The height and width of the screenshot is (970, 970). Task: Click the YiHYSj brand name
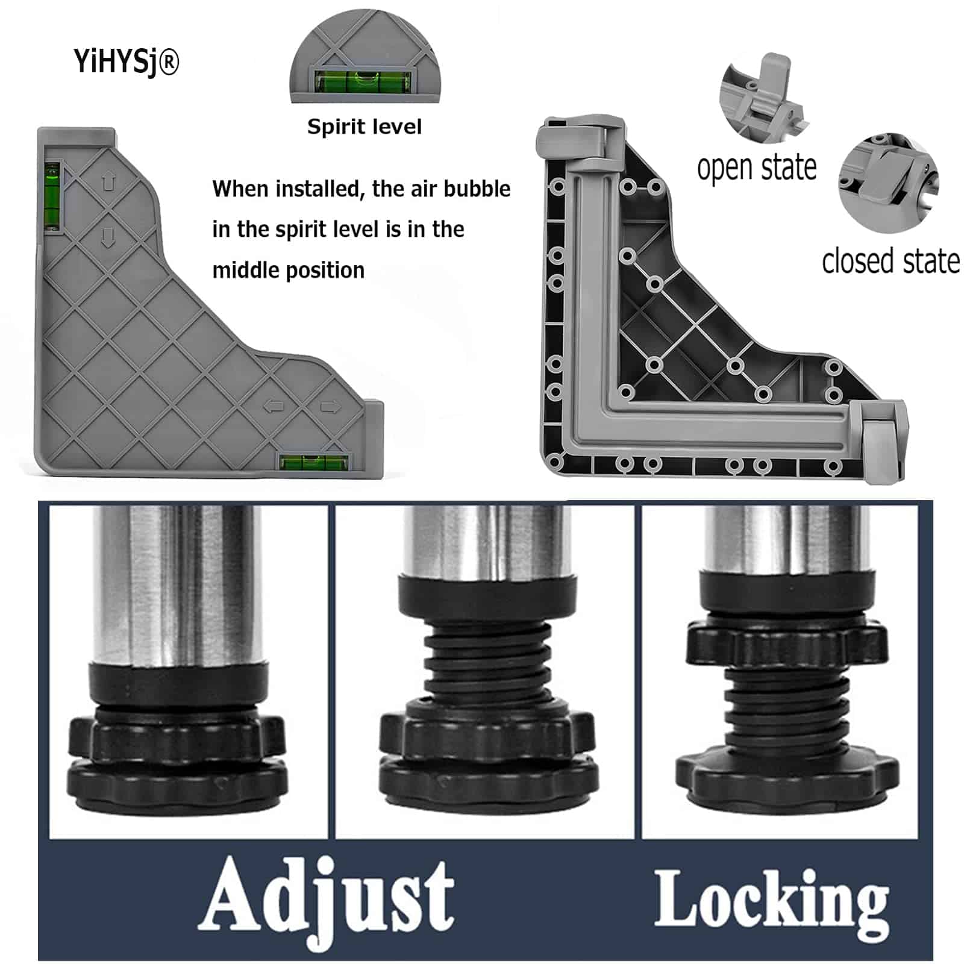(x=127, y=62)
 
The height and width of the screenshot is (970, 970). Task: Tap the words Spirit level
(x=365, y=127)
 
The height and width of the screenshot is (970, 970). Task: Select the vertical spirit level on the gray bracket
(x=53, y=196)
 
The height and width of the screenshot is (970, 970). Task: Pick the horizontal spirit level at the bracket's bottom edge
(x=315, y=463)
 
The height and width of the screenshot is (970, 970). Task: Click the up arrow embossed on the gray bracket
(x=108, y=181)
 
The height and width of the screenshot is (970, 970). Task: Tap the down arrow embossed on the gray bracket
(x=108, y=237)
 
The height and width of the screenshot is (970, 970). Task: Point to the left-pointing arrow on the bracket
(x=274, y=407)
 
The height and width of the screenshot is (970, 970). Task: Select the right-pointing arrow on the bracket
(x=330, y=407)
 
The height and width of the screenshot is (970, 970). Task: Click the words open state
(x=757, y=167)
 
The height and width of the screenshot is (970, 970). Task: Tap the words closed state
(x=890, y=261)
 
